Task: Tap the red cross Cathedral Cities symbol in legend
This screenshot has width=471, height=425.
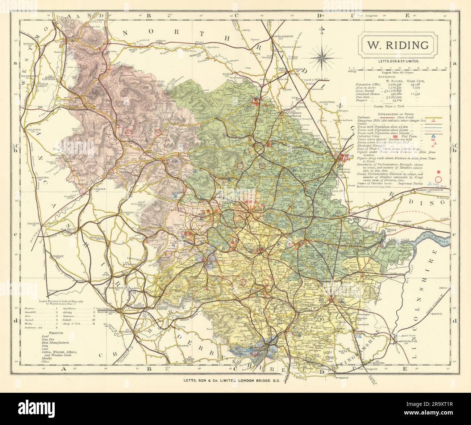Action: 440,137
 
